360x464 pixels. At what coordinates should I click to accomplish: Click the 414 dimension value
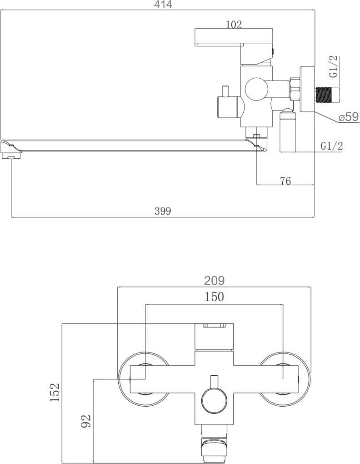163,5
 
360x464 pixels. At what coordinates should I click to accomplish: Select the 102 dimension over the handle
234,25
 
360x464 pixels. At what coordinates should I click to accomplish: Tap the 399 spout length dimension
162,211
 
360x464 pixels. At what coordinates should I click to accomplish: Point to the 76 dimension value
285,181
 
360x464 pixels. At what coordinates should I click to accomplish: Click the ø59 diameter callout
349,117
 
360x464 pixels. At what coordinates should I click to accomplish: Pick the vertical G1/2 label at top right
334,66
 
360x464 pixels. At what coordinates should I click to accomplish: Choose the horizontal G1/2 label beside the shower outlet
332,146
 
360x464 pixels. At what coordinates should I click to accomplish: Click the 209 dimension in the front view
214,281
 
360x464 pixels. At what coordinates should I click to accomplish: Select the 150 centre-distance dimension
214,297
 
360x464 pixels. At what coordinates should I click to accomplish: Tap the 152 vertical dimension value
55,393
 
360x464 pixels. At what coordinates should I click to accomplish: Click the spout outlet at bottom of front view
214,448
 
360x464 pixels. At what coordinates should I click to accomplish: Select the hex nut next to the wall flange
295,89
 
